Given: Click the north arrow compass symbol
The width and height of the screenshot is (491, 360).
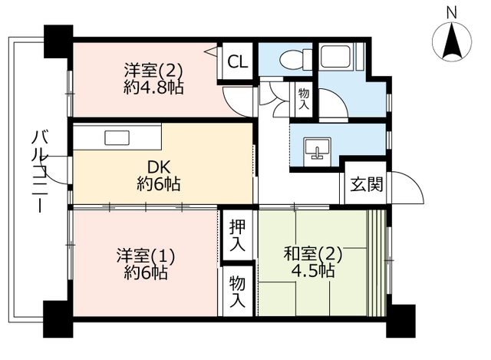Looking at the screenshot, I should coord(452,42).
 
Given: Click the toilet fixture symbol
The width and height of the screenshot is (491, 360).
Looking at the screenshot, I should coord(292,58).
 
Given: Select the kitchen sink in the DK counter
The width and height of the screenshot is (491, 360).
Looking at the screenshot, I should coord(117,138).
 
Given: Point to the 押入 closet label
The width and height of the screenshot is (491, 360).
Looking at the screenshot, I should coord(237,236).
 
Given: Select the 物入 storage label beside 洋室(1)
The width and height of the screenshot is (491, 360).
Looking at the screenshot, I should coord(237,291).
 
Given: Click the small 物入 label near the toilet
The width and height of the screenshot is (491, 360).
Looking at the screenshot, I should coord(303,97).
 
